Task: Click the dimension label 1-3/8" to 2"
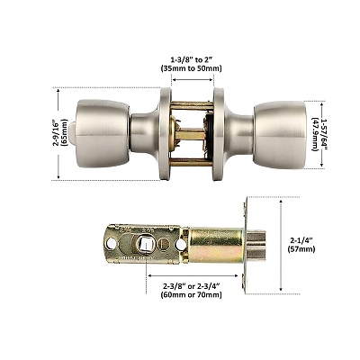191,58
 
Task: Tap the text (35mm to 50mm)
191,68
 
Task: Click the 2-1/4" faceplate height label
301,240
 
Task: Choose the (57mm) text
301,249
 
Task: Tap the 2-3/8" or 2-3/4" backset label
191,286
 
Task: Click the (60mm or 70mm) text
191,295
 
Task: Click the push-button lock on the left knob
72,133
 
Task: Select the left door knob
102,134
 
